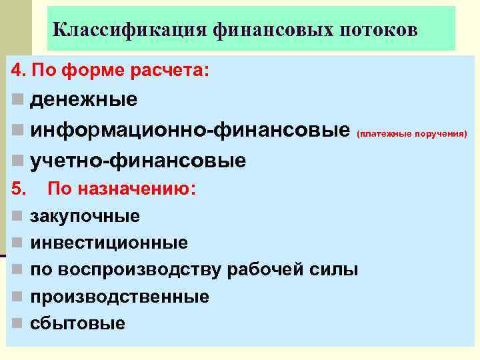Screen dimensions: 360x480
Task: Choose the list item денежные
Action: [x=84, y=100]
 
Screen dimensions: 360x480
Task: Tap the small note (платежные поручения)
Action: [x=413, y=133]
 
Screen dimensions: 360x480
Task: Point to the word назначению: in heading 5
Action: [x=137, y=189]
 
